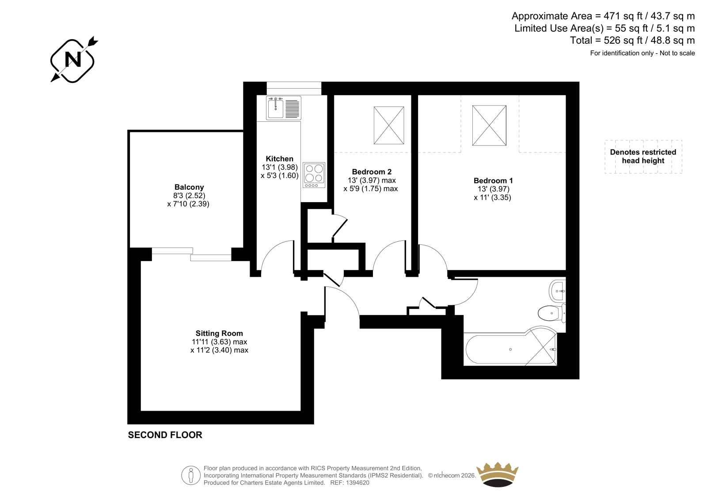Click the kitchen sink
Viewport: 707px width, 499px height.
tap(284, 108)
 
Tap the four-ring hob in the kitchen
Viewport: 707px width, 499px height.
tap(314, 175)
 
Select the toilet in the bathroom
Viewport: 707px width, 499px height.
tap(552, 313)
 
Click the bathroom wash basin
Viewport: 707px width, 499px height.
tap(557, 291)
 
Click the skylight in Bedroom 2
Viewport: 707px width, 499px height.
tap(389, 125)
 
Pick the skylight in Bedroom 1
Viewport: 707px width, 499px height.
tap(489, 125)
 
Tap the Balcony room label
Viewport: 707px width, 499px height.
tap(189, 187)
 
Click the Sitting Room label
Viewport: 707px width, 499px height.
tap(219, 333)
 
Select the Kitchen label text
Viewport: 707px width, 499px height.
tap(279, 158)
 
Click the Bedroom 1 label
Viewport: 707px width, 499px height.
tap(493, 180)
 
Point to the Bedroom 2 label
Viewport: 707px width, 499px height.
tap(372, 172)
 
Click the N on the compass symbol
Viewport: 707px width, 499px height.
tap(72, 59)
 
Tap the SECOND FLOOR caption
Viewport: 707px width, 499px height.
tap(165, 435)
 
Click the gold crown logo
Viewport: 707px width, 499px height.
tap(498, 474)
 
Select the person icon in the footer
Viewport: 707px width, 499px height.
tap(190, 475)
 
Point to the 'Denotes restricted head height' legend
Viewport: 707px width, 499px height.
tap(643, 156)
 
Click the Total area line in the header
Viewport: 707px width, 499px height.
tap(632, 40)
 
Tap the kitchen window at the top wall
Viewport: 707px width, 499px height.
tap(294, 88)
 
